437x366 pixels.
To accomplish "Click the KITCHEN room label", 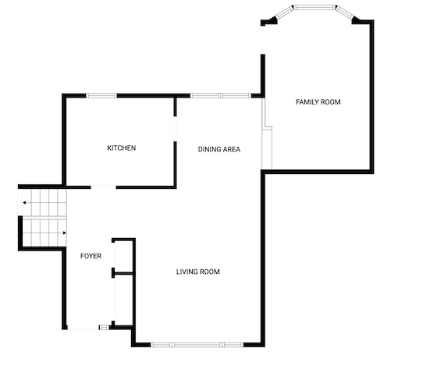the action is point(122,147).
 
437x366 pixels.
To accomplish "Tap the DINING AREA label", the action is point(219,149).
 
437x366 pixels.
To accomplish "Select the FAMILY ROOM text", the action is point(318,102).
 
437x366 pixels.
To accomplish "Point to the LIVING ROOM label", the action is point(198,272).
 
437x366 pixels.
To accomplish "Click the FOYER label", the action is point(91,256).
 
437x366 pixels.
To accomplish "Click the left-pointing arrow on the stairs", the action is point(24,203).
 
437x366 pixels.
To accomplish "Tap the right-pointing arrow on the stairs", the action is point(65,233).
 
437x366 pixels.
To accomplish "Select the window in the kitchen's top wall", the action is point(101,96).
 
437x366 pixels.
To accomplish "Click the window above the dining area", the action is point(221,96).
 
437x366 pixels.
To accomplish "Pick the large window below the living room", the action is point(197,345).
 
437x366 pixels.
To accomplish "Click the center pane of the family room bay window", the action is point(315,7).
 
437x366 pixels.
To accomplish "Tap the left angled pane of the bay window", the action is point(284,12).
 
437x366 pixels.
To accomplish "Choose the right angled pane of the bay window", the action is point(345,12).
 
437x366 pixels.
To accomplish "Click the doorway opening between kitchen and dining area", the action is point(176,129).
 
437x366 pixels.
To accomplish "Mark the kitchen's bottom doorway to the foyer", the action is point(103,187).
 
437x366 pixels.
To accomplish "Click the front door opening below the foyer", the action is point(83,328).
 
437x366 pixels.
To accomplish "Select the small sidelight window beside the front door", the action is point(105,327).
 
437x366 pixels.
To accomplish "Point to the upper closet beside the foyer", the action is point(124,256).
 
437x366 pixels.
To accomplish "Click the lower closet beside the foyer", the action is point(124,300).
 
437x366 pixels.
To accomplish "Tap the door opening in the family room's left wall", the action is point(263,39).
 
